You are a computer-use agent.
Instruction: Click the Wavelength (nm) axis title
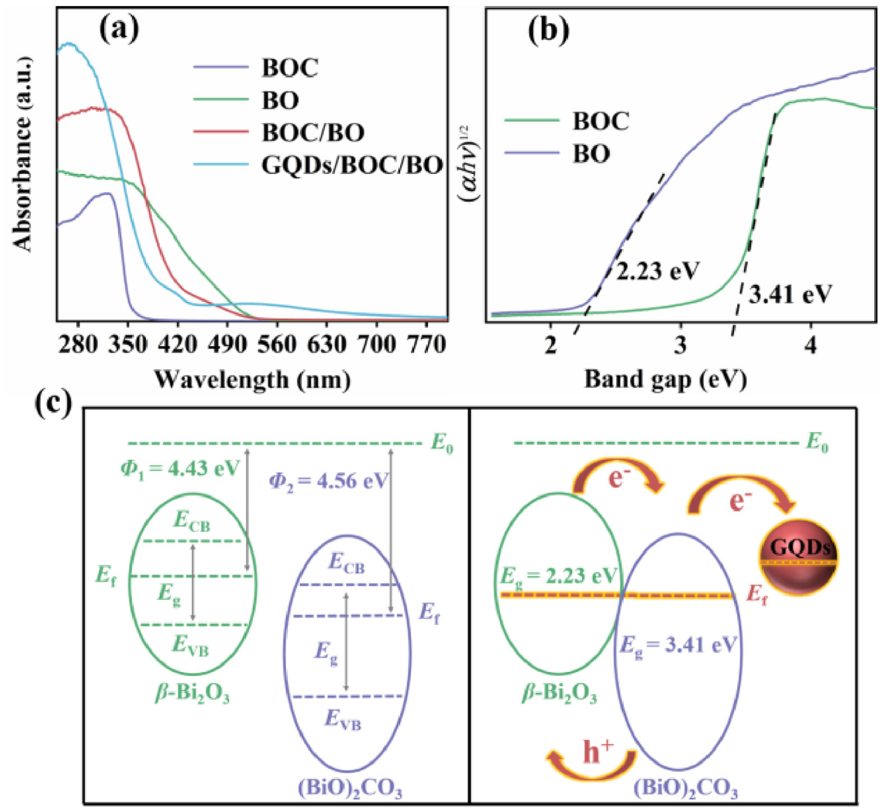tap(253, 379)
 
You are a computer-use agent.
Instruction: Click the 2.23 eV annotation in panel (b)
tap(658, 271)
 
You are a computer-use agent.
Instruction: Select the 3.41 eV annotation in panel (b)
tap(790, 293)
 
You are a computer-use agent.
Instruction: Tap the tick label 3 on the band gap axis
tap(680, 345)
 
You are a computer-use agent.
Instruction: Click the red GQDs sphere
tap(799, 557)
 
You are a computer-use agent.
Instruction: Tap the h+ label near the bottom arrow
tap(598, 752)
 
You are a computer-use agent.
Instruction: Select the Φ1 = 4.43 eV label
tap(180, 467)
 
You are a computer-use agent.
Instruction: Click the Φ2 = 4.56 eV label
tap(329, 480)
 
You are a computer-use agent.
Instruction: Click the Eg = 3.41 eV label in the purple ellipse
tap(678, 645)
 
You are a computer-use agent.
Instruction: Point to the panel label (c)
tap(53, 402)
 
